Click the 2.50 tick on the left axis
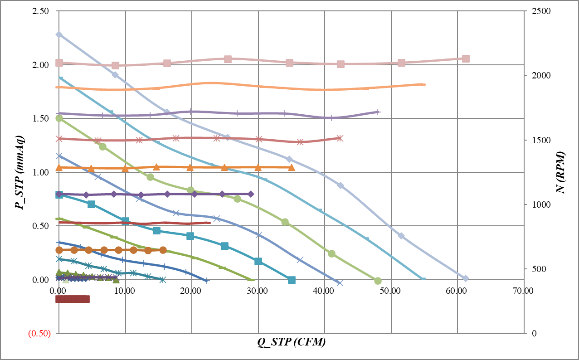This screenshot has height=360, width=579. pyautogui.click(x=41, y=11)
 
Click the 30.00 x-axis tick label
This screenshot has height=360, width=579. pyautogui.click(x=258, y=291)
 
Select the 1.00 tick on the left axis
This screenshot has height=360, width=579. pyautogui.click(x=41, y=172)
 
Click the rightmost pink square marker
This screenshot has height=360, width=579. pyautogui.click(x=466, y=58)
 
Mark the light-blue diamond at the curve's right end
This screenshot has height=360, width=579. pyautogui.click(x=465, y=278)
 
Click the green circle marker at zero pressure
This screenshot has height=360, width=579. pyautogui.click(x=378, y=281)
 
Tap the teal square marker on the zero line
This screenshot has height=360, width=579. pyautogui.click(x=292, y=280)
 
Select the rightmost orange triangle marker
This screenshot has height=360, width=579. pyautogui.click(x=292, y=167)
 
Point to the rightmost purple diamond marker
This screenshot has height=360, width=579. pyautogui.click(x=251, y=194)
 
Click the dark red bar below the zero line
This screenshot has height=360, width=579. pyautogui.click(x=73, y=299)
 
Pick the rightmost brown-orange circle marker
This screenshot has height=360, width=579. pyautogui.click(x=163, y=250)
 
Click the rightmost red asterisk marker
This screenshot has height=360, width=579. pyautogui.click(x=340, y=138)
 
